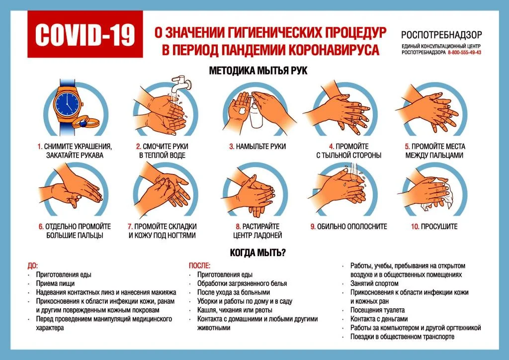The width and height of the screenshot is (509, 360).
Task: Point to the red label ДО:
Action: pyautogui.click(x=33, y=266)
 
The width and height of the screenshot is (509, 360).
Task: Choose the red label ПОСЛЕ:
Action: pyautogui.click(x=199, y=266)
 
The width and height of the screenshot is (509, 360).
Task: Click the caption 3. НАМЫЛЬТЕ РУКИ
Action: pyautogui.click(x=257, y=147)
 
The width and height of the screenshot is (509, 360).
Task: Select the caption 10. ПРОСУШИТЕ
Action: pyautogui.click(x=433, y=226)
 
